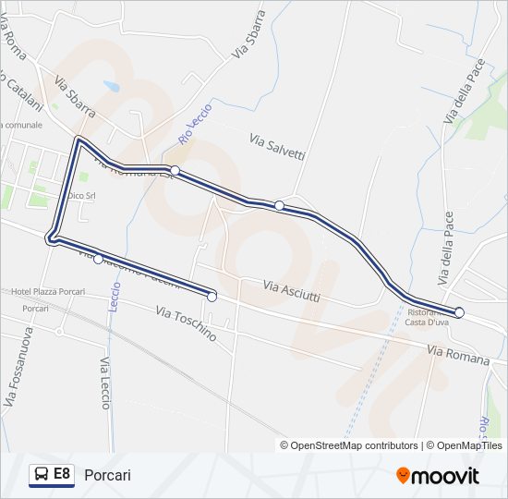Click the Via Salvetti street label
point(277,146)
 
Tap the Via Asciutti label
point(292,291)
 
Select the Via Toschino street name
point(186,323)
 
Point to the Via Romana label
point(458,354)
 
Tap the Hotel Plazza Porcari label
point(42,292)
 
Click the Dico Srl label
point(82,196)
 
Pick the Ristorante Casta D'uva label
point(426,317)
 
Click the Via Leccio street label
point(104,377)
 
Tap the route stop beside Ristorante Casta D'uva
point(459,312)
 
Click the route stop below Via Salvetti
point(279,205)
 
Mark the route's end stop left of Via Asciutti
point(212,297)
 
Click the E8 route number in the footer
point(62,474)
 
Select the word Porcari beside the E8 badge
point(107,475)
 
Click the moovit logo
point(438,476)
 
